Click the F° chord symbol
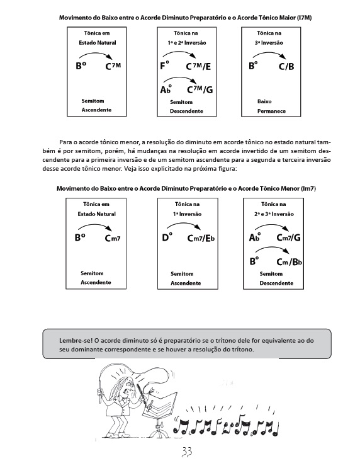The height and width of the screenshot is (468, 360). pyautogui.click(x=165, y=65)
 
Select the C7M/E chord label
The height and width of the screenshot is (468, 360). pyautogui.click(x=198, y=66)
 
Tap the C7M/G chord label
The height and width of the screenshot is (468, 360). pyautogui.click(x=200, y=89)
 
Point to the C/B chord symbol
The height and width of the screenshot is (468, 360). pyautogui.click(x=286, y=66)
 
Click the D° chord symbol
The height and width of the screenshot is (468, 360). pyautogui.click(x=167, y=237)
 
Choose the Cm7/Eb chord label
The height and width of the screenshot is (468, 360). pyautogui.click(x=201, y=238)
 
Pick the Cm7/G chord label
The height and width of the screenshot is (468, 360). pyautogui.click(x=288, y=237)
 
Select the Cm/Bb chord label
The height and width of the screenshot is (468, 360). pyautogui.click(x=290, y=262)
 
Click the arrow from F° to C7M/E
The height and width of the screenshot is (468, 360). pyautogui.click(x=179, y=52)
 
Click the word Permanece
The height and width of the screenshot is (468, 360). pyautogui.click(x=271, y=111)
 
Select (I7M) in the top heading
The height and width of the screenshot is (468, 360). pyautogui.click(x=304, y=18)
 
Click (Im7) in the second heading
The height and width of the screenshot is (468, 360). pyautogui.click(x=308, y=188)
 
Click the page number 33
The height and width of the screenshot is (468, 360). pyautogui.click(x=187, y=452)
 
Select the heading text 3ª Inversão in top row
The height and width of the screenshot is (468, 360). pyautogui.click(x=269, y=43)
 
